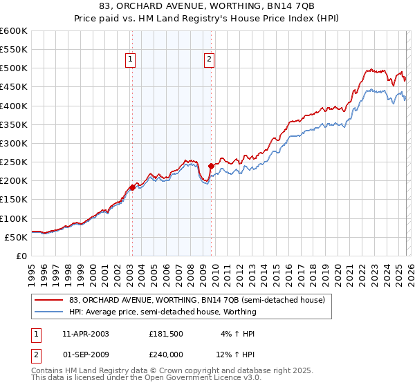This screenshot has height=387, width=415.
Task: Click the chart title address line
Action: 207,6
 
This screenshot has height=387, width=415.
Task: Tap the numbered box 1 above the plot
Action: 131,60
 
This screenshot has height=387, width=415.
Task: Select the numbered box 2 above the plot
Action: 209,60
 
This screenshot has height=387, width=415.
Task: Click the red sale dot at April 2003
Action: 132,187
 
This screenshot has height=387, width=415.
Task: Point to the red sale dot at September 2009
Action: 211,166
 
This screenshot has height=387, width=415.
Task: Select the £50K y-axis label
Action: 16,237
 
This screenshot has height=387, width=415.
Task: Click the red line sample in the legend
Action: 48,300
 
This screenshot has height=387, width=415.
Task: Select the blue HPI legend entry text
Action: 163,312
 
